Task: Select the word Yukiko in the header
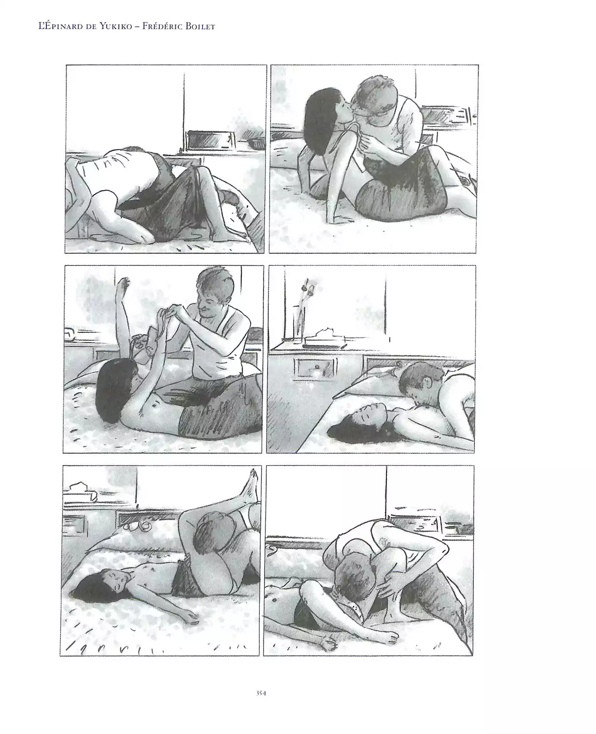(x=116, y=27)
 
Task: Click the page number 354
(x=261, y=693)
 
